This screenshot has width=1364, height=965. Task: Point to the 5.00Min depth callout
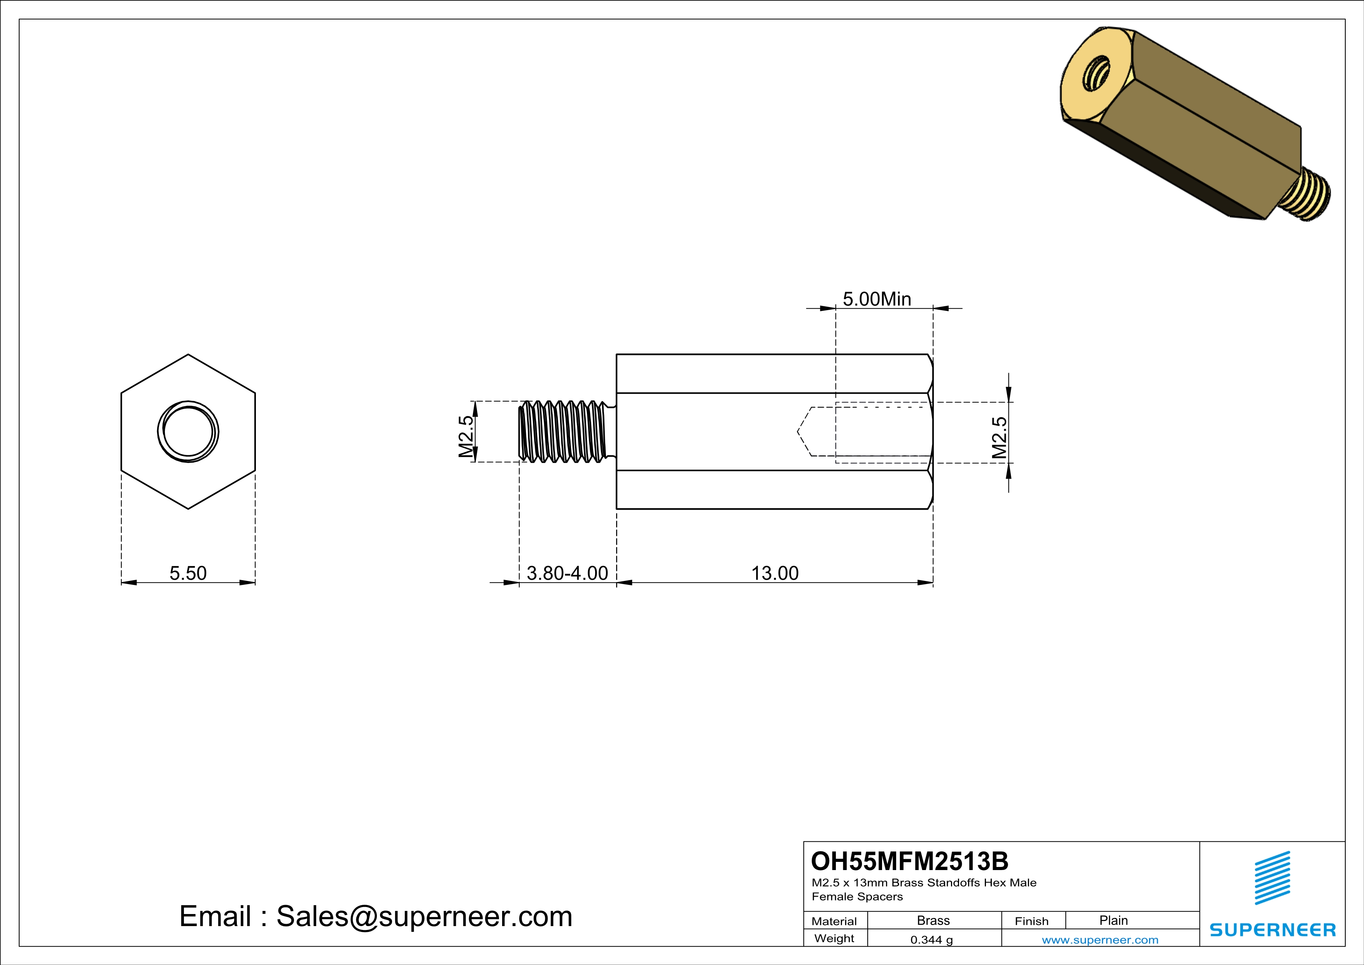point(876,299)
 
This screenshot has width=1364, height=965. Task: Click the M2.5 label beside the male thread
point(466,436)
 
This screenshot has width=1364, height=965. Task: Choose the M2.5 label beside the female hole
point(1000,437)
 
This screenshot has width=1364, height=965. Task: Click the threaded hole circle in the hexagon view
point(188,432)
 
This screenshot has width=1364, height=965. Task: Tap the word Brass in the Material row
point(933,920)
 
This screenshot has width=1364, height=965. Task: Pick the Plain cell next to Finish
point(1113,920)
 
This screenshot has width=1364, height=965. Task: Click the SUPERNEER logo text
point(1273,930)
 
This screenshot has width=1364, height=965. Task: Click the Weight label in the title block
point(834,938)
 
